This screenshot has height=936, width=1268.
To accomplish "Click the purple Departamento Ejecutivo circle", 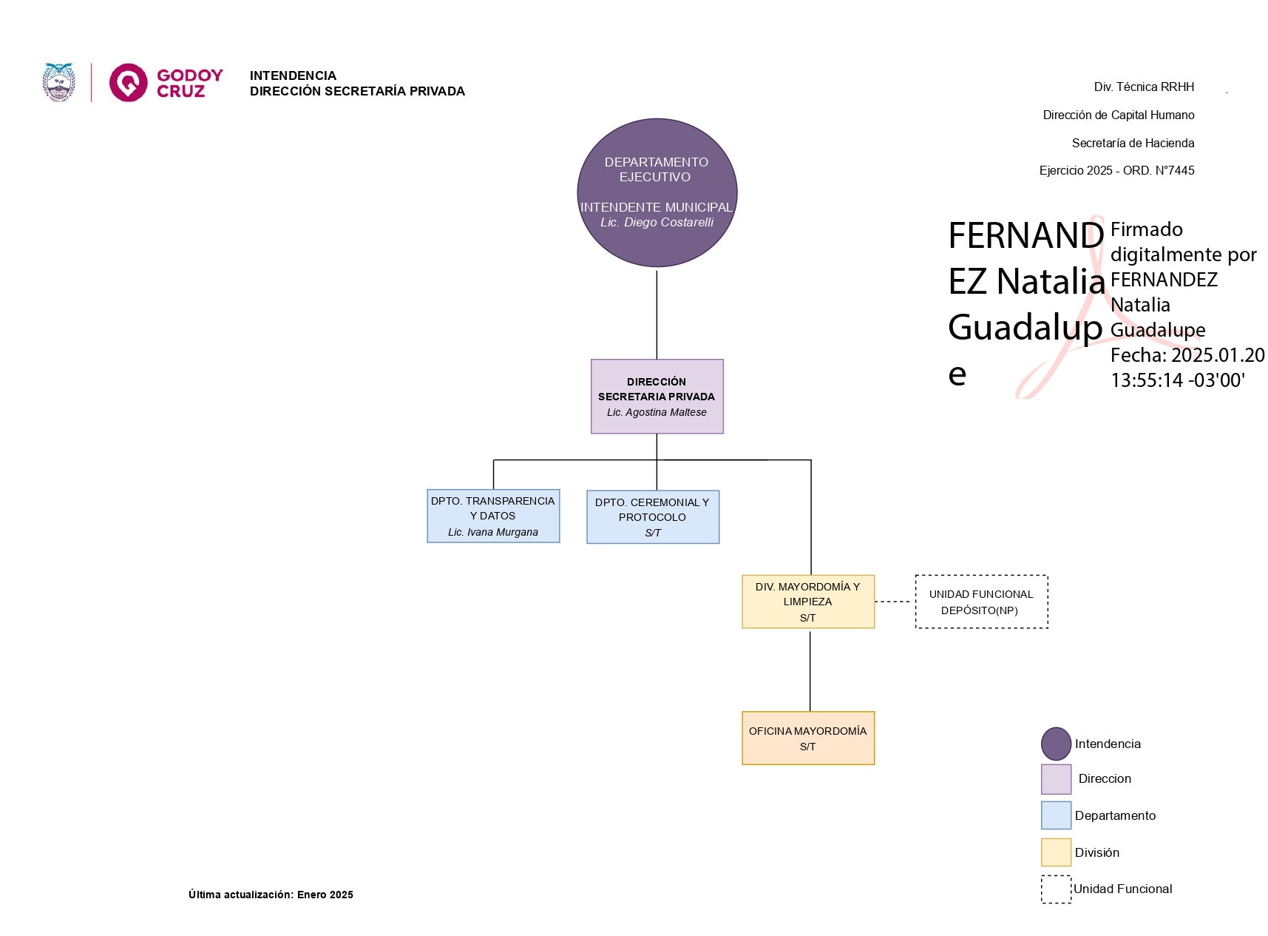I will (x=657, y=192).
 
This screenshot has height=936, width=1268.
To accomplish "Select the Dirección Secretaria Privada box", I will (x=657, y=396).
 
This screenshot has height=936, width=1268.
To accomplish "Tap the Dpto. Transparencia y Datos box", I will (x=493, y=516).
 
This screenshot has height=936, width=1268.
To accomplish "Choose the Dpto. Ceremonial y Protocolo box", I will (x=652, y=516).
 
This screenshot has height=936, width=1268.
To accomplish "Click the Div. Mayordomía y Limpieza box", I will (x=807, y=602).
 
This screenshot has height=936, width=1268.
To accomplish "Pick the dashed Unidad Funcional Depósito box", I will (x=981, y=602).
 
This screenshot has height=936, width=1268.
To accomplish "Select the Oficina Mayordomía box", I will (x=807, y=738).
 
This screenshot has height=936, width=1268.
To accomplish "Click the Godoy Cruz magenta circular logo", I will (x=128, y=82).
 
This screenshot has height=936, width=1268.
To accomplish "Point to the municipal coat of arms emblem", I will (x=59, y=82).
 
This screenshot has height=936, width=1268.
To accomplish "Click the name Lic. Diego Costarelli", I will (x=657, y=222).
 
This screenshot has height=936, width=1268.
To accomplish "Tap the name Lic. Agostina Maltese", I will (x=657, y=412).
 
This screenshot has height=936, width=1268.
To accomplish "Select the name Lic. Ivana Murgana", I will (x=493, y=532).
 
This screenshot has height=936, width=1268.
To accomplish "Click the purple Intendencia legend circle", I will (x=1056, y=744).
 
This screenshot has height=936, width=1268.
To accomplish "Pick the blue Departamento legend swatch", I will (x=1056, y=815).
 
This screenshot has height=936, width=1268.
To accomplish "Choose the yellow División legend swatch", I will (x=1056, y=852).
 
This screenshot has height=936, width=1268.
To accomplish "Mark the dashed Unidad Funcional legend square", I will (x=1056, y=889).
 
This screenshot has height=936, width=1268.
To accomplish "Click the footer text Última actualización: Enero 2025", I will (x=271, y=895).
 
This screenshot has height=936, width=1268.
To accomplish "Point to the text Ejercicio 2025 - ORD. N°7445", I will (x=1116, y=170).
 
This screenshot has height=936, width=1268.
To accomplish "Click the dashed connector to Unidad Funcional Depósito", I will (x=894, y=602).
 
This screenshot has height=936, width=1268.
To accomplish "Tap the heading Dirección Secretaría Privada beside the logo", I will (x=357, y=91).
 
